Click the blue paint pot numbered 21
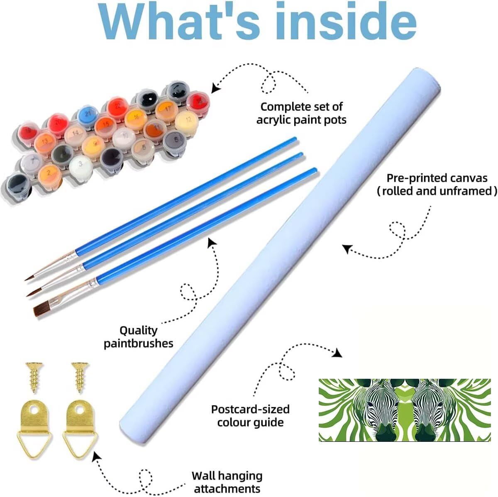(x=88, y=115)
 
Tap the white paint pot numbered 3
(x=81, y=166)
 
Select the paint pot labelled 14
(x=76, y=134)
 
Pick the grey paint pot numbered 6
(x=175, y=141)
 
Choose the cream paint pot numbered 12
(x=187, y=122)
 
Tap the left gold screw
(x=34, y=378)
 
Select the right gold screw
(x=80, y=378)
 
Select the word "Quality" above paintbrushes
(x=138, y=331)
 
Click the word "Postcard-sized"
(x=250, y=409)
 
